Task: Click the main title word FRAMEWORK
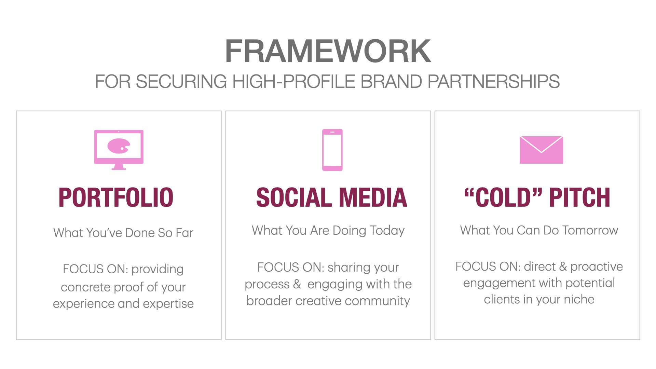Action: [328, 51]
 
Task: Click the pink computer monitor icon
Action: [119, 150]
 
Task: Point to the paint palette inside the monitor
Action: [118, 146]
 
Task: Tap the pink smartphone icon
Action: [332, 150]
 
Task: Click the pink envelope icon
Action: [541, 150]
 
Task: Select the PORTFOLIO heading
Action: [116, 197]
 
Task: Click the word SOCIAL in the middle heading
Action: [294, 197]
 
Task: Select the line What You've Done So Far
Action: [123, 233]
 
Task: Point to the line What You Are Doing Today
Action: [328, 231]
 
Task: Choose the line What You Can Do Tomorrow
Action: [539, 230]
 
